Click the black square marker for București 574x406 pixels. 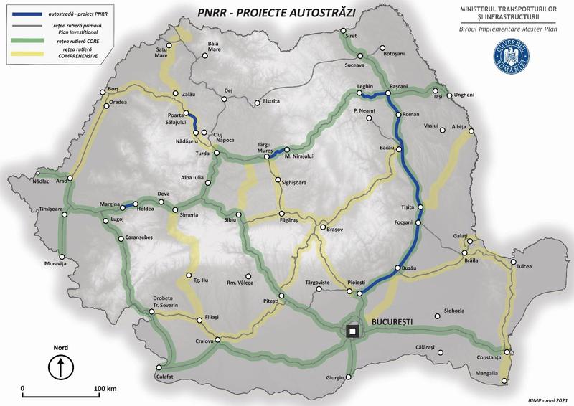coord(352,331)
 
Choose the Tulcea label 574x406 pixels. coord(525,267)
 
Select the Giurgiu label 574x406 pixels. coord(336,377)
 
